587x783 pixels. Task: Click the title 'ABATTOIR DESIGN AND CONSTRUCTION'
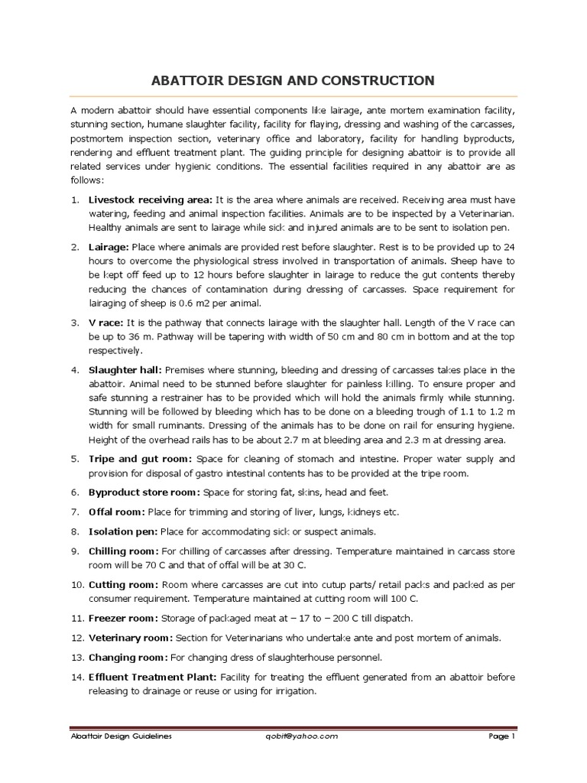(x=293, y=80)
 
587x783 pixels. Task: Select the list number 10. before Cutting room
(x=76, y=584)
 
